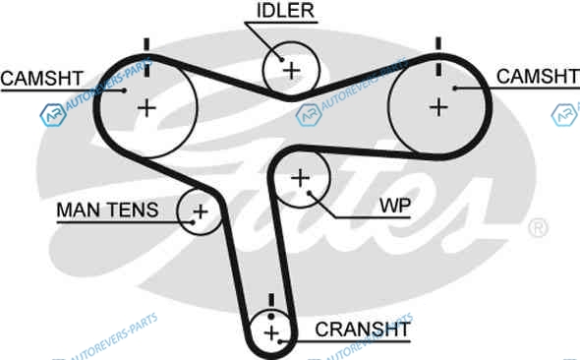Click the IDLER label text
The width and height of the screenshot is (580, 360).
285,11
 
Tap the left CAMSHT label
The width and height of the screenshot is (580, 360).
42,79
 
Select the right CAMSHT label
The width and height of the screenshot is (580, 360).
538,77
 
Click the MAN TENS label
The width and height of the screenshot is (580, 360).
107,210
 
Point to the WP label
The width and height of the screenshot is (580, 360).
395,206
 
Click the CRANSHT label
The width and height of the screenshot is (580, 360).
363,329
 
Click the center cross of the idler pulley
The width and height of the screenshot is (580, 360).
292,71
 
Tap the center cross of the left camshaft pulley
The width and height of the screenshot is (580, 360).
146,108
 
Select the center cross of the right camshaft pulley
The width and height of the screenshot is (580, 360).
439,107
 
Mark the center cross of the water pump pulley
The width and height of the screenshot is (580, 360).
301,178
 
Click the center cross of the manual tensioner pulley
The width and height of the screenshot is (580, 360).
201,212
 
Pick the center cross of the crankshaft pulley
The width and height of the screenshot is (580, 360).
272,333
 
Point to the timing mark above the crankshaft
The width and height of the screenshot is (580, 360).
271,300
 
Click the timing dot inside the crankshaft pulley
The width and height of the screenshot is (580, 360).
271,317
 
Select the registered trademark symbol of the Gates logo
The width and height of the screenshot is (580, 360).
538,227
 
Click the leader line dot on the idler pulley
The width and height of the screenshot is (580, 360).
282,60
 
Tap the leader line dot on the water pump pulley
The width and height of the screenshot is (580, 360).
310,193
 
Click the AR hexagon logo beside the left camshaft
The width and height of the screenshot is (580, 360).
53,115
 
